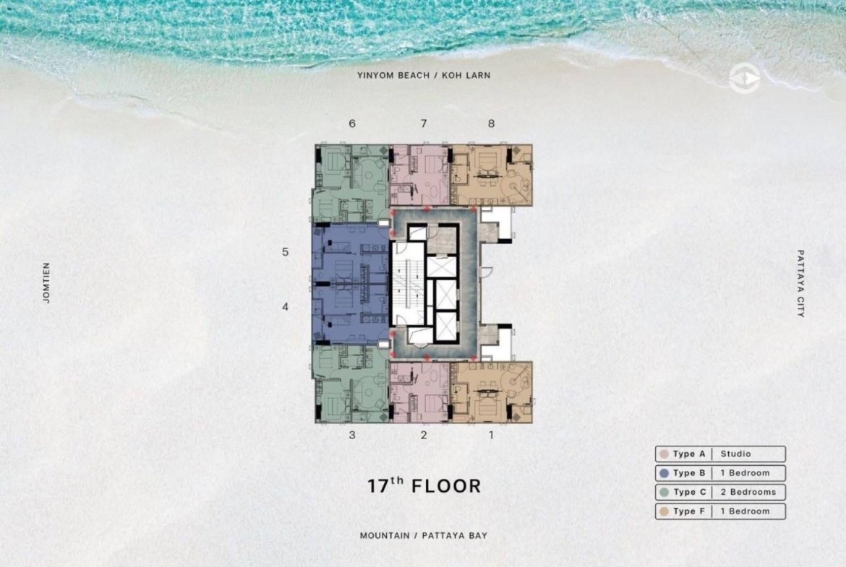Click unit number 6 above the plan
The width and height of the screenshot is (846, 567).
(x=352, y=124)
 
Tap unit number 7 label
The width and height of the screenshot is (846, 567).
(x=424, y=124)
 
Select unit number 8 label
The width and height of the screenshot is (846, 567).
(x=491, y=124)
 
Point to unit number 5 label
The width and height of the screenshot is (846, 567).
(x=286, y=251)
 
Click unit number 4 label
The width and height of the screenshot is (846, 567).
(x=286, y=307)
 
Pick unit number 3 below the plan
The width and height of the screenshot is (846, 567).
(x=352, y=435)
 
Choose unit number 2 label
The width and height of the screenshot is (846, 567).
(x=424, y=435)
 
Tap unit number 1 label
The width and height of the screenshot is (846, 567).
(x=491, y=435)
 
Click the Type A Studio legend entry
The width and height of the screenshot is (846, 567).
(x=720, y=454)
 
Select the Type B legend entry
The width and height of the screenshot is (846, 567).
(x=720, y=473)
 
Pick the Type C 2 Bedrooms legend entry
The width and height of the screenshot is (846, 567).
(x=720, y=492)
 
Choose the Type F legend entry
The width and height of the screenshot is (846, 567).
(x=720, y=511)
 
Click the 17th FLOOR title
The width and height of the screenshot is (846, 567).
(x=424, y=485)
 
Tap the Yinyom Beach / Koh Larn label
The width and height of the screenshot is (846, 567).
(x=424, y=75)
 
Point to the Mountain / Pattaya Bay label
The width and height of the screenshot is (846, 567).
(x=424, y=536)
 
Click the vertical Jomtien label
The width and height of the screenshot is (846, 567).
(x=46, y=282)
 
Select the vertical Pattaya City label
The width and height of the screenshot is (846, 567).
(x=800, y=283)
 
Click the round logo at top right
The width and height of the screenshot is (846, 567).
(x=745, y=79)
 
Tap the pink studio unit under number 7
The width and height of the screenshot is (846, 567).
(x=420, y=175)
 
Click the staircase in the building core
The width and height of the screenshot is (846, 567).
(x=407, y=284)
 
